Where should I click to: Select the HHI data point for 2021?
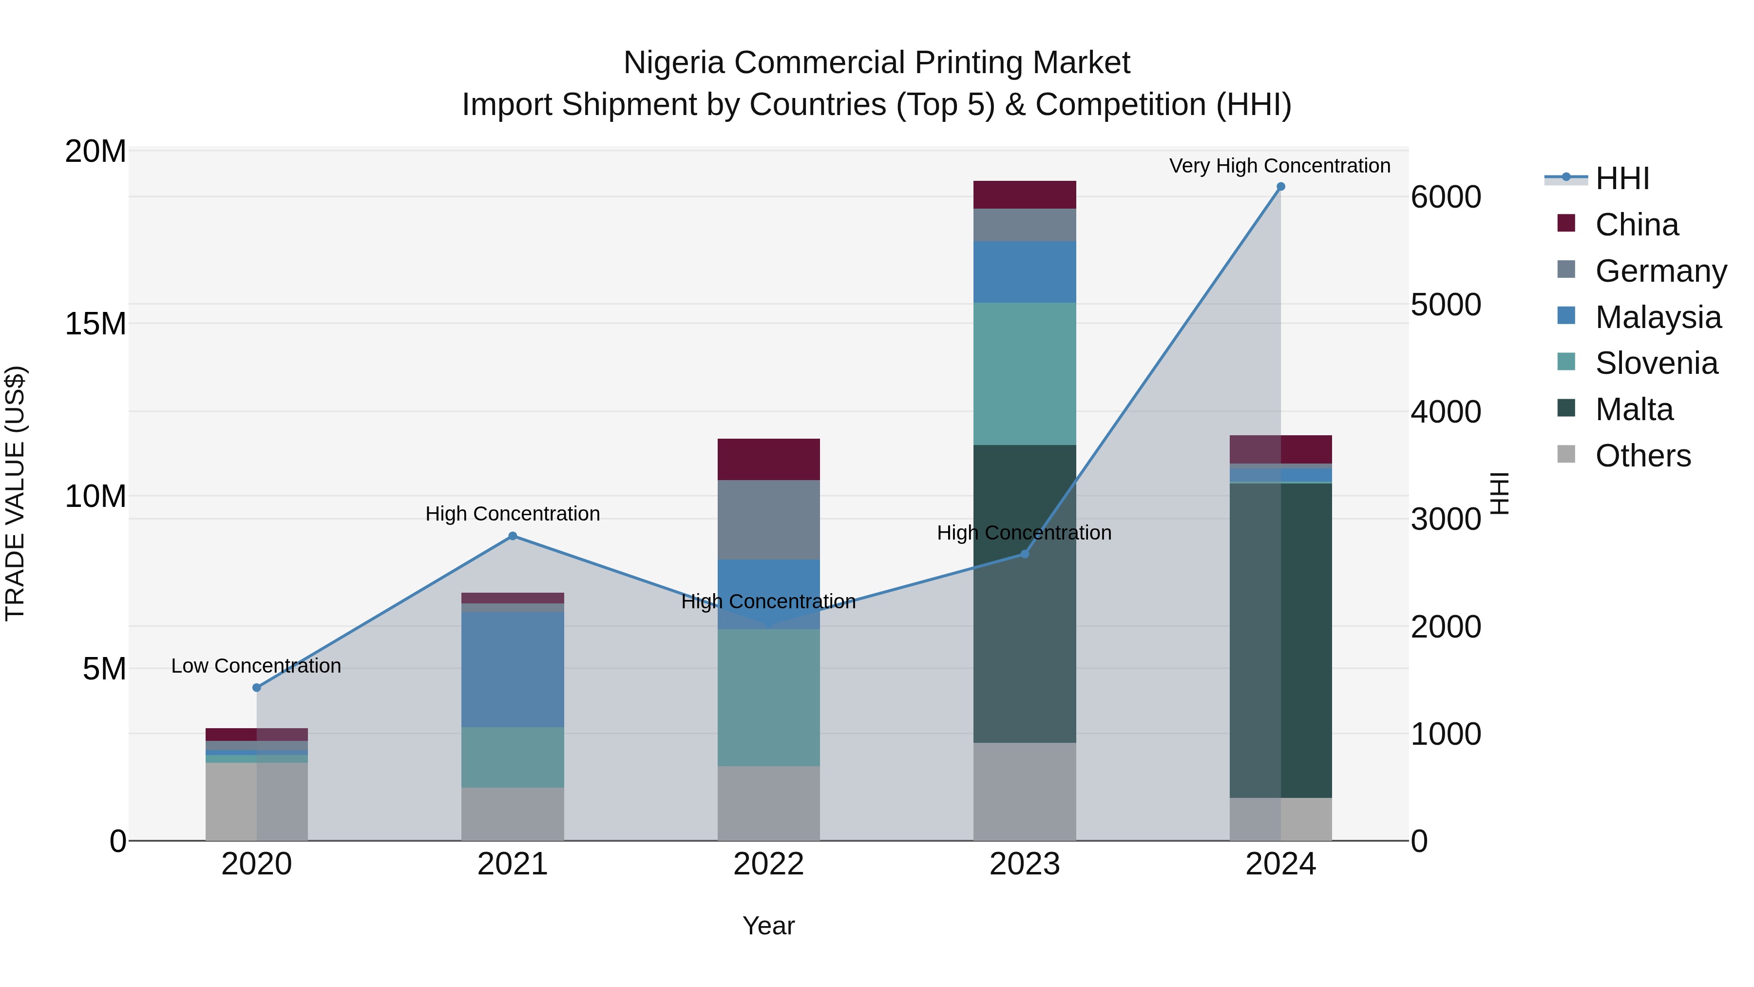[x=513, y=536]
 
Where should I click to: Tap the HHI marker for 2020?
[x=257, y=687]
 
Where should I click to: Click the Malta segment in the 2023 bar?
[x=1024, y=593]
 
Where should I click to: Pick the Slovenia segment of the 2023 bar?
[x=1024, y=373]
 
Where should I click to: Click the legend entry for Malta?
[x=1634, y=409]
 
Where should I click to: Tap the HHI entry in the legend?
[x=1622, y=178]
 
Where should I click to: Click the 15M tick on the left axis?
[x=95, y=324]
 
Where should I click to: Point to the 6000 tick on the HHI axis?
[x=1445, y=197]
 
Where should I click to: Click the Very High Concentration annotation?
[x=1279, y=166]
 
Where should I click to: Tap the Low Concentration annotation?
[x=256, y=665]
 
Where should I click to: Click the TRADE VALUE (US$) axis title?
[x=15, y=493]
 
